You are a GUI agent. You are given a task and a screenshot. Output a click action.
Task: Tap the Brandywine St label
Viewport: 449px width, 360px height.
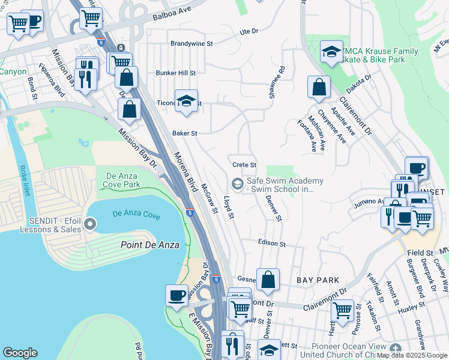191,44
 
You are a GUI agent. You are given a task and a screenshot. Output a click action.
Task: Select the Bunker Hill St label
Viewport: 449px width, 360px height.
176,73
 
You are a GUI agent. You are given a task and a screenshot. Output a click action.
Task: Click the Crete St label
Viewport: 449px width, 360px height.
244,164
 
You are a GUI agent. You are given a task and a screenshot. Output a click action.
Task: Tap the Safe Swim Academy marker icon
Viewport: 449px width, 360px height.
238,184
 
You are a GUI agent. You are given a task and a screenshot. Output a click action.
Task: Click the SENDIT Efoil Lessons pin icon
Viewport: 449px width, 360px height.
91,225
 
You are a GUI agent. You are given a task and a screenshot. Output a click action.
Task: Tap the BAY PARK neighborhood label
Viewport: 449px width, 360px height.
318,280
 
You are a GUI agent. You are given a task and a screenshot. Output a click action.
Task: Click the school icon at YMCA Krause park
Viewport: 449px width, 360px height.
331,52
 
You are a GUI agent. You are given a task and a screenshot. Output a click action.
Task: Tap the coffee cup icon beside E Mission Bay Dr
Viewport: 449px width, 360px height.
176,295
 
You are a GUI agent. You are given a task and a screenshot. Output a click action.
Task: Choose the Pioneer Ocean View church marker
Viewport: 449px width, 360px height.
395,349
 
